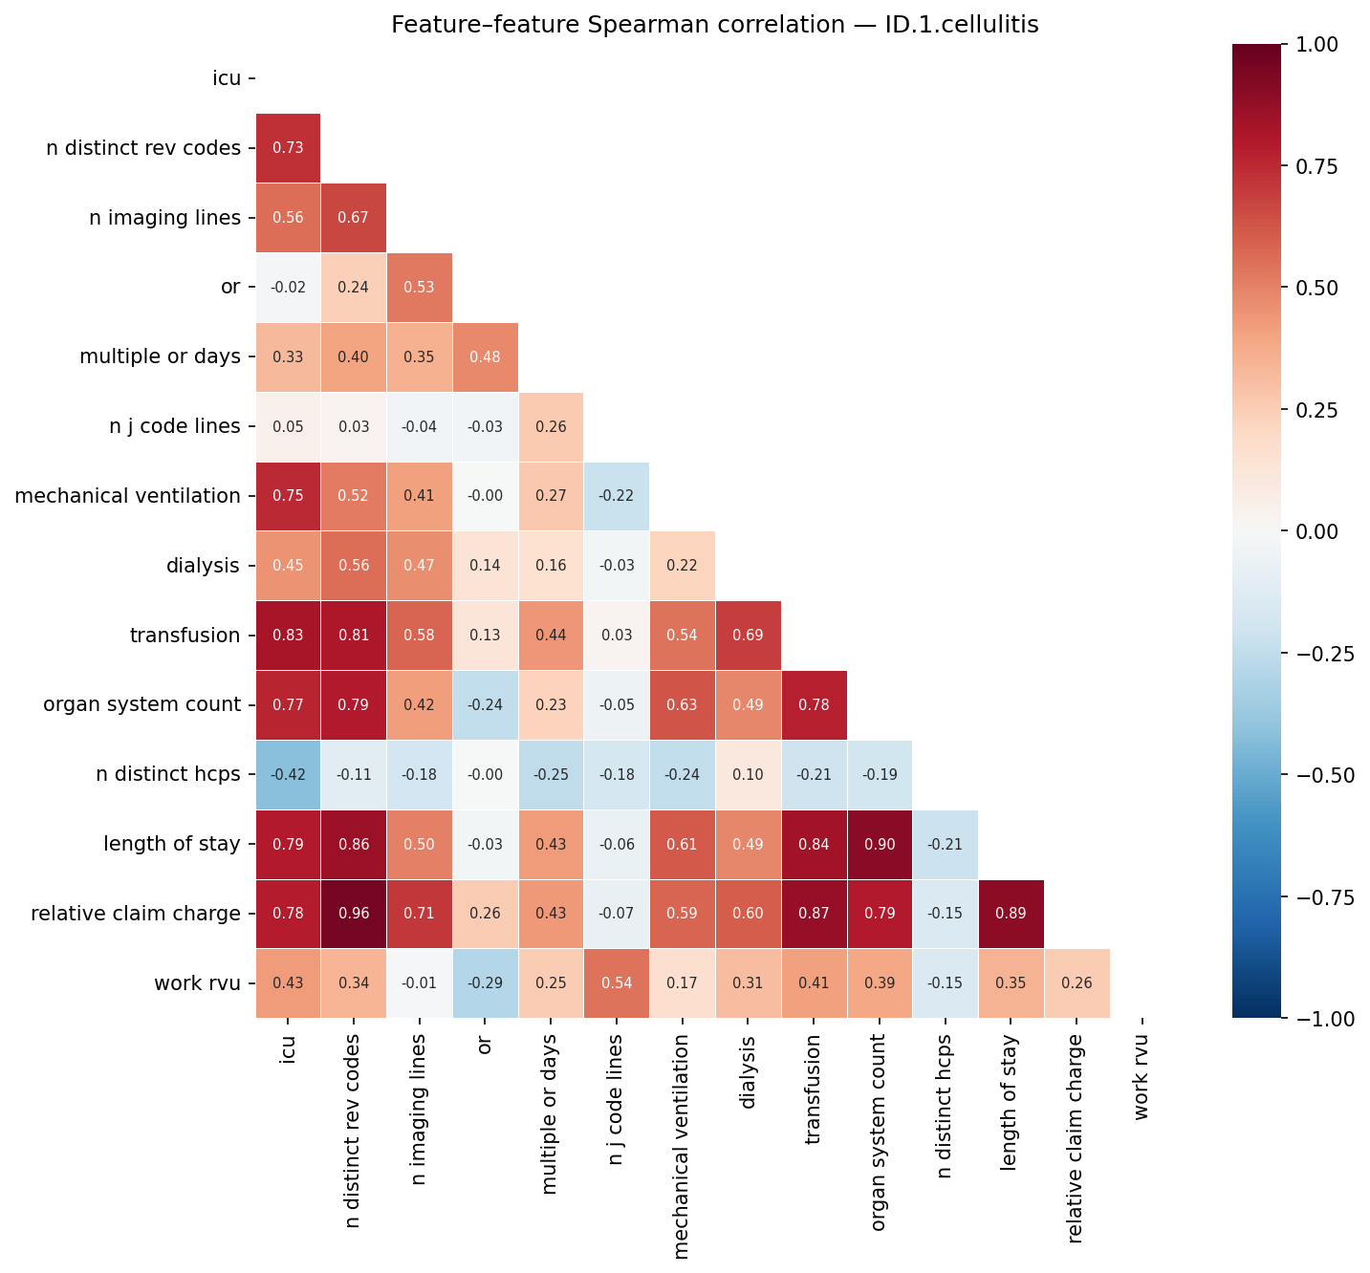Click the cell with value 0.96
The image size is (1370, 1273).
point(354,914)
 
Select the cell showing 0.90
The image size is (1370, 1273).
point(880,844)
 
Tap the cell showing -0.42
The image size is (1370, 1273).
point(288,774)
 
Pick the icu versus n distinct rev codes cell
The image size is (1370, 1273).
point(288,148)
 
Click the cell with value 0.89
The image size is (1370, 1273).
point(1011,914)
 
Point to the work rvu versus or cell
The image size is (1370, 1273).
point(485,983)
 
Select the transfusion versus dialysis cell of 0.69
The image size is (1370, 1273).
point(748,636)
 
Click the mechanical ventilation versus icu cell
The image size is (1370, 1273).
point(288,496)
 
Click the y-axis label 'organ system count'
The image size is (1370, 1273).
point(141,705)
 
